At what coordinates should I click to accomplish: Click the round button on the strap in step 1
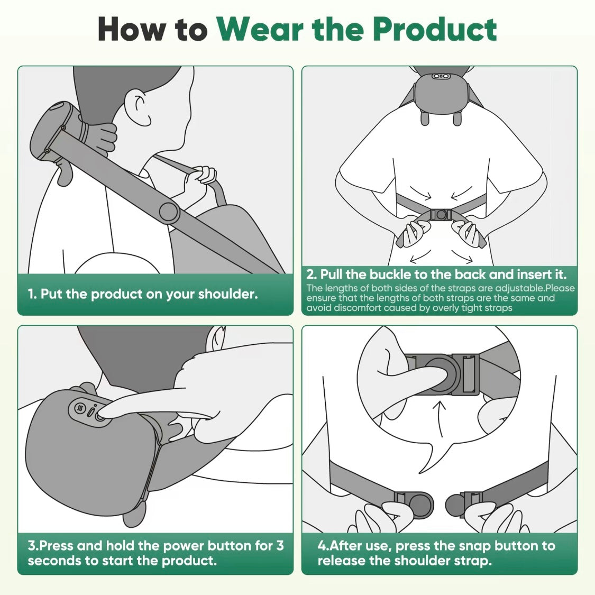tap(169, 211)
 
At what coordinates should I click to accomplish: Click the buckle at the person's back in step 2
tap(440, 215)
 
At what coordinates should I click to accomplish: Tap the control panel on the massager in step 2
tap(440, 77)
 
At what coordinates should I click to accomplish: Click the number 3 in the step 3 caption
tap(280, 545)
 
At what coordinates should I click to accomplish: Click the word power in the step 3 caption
tap(183, 545)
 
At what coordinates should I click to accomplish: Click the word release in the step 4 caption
tap(343, 561)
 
